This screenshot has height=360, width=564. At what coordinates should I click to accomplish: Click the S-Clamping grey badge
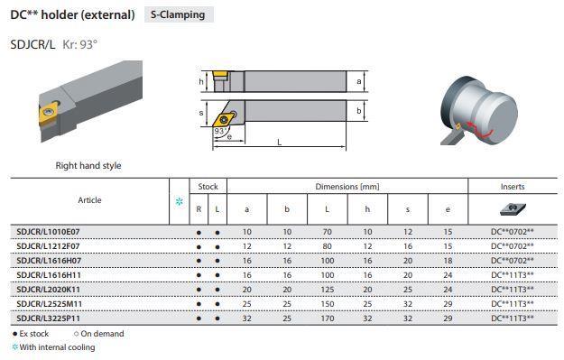[x=179, y=14]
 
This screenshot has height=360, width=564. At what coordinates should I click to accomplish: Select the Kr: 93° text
[x=79, y=44]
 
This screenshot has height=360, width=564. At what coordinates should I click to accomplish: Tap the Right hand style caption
[x=88, y=166]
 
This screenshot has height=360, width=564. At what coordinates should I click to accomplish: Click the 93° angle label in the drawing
[x=220, y=131]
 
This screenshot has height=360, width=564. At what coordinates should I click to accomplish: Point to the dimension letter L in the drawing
[x=280, y=142]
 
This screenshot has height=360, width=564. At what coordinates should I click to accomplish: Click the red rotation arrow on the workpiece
[x=479, y=131]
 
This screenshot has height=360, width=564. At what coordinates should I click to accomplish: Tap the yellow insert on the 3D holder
[x=48, y=112]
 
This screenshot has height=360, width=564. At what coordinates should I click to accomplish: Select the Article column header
[x=89, y=200]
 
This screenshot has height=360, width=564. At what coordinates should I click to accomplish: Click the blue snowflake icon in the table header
[x=180, y=202]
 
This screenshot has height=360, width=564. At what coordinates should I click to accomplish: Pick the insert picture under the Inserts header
[x=513, y=209]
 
